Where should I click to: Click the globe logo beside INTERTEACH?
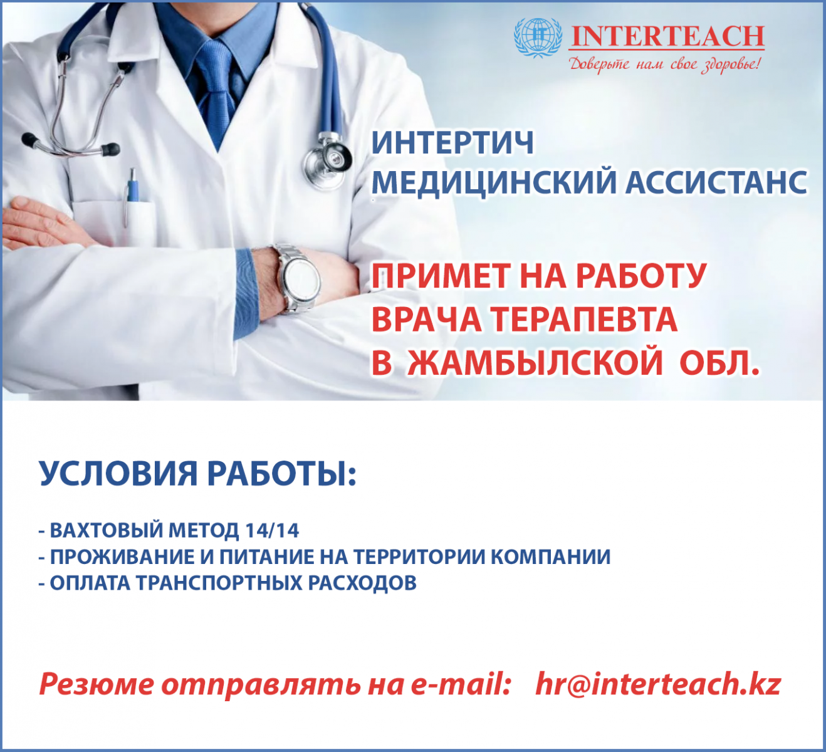point(538,38)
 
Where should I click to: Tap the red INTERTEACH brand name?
point(667,36)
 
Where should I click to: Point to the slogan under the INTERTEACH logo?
point(664,65)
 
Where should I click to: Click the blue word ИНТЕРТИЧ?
point(452,143)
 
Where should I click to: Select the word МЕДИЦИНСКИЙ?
point(494,182)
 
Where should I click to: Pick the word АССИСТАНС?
point(716,182)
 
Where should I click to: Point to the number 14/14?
point(272,530)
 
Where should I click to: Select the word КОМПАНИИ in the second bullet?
point(550,556)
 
